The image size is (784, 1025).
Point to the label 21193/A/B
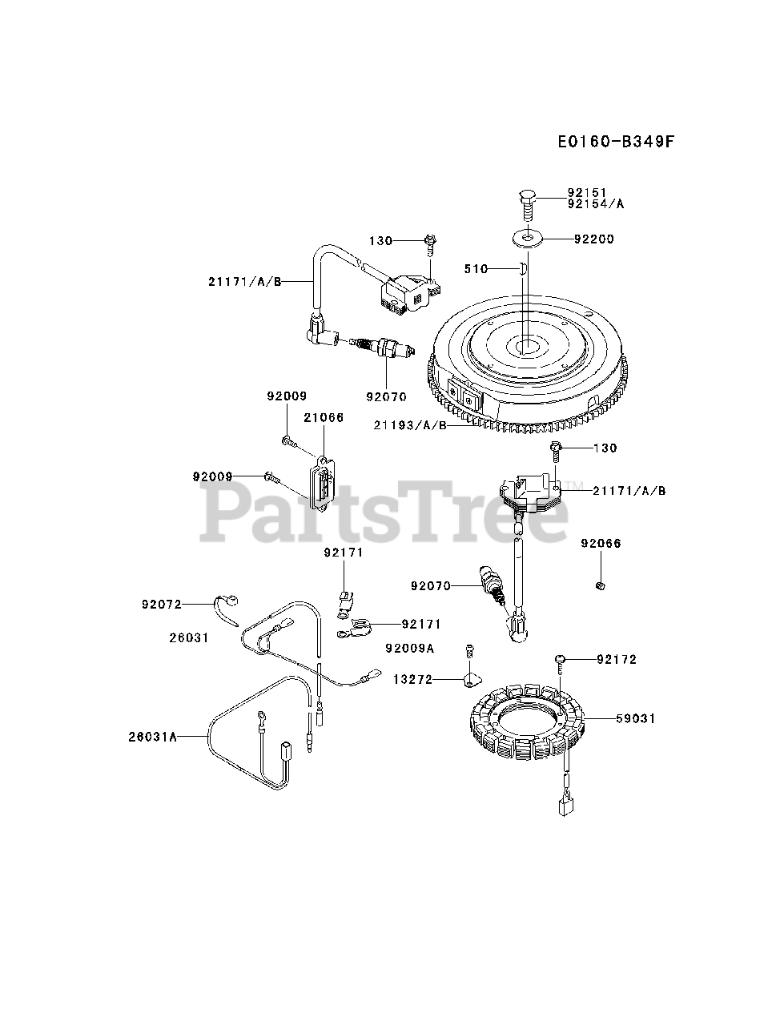coord(410,425)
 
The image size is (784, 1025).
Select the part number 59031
coord(636,718)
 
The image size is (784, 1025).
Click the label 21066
coord(324,418)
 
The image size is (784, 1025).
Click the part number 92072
coord(163,604)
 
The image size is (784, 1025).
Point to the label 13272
coord(412,679)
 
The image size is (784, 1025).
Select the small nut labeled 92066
coord(600,588)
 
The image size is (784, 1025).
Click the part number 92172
coord(617,659)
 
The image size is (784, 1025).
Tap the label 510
coord(476,269)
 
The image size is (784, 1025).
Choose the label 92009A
coord(410,648)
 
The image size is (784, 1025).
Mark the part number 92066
coord(601,544)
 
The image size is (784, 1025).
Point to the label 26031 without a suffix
coord(189,638)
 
